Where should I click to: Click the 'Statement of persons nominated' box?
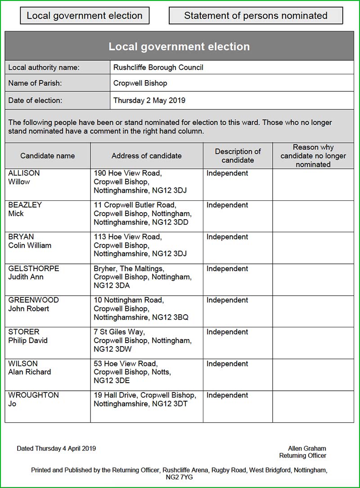(x=256, y=16)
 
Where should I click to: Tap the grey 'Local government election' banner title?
(x=179, y=46)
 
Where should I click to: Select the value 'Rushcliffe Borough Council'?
(x=158, y=68)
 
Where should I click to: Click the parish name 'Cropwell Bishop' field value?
(x=140, y=83)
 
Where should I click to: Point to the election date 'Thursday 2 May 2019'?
(x=149, y=100)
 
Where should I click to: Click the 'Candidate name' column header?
(x=48, y=156)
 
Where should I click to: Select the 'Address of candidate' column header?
(x=147, y=156)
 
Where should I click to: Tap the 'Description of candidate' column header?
(x=238, y=156)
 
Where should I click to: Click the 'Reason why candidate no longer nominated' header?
(x=313, y=156)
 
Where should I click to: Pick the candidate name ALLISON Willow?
(x=24, y=177)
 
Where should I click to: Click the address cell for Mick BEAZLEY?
(x=142, y=213)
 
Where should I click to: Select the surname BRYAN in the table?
(x=21, y=237)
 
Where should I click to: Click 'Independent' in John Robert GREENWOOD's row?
(x=227, y=300)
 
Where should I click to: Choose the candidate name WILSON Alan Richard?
(x=29, y=368)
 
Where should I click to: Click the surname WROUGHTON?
(x=33, y=395)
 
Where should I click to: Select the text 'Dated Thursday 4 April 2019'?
(x=56, y=448)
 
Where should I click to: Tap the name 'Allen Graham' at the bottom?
(x=307, y=448)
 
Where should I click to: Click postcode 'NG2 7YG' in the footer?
(x=179, y=477)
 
